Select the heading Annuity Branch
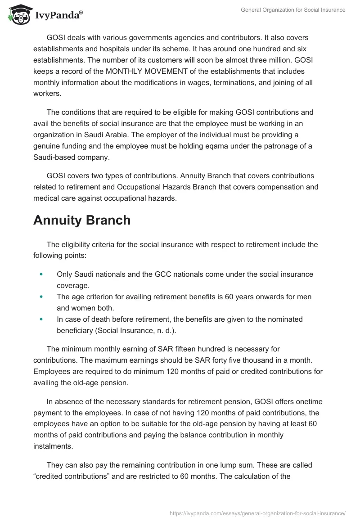[82, 220]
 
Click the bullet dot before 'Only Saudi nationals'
[42, 274]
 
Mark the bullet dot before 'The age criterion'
[42, 297]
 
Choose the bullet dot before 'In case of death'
[42, 319]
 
